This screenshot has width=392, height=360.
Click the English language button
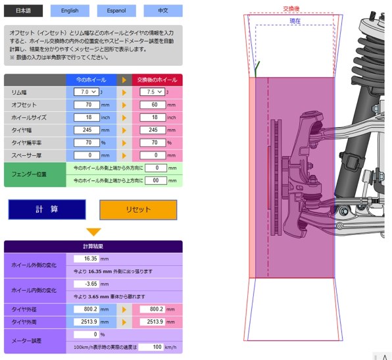coord(70,11)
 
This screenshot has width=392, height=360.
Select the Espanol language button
coord(116,11)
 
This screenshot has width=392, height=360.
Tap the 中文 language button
coord(163,11)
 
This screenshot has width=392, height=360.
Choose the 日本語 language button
coord(23,11)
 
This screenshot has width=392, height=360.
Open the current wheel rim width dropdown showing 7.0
coord(87,92)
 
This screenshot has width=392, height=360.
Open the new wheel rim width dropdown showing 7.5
coord(153,92)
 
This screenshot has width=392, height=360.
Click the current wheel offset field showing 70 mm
coord(87,105)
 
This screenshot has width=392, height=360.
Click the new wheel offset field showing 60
coord(153,105)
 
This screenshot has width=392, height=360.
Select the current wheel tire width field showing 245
coord(87,130)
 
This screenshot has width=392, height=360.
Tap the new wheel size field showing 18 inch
coord(153,117)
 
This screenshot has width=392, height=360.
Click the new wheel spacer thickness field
coord(153,155)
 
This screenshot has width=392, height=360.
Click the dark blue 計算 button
coord(47,209)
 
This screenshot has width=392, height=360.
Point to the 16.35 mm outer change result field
coord(86,259)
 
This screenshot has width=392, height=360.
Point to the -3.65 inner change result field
coord(86,284)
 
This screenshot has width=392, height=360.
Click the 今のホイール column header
coord(91,80)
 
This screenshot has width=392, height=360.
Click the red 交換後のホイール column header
coord(157,80)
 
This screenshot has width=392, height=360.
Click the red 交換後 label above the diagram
coord(291,9)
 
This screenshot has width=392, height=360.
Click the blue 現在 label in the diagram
coord(295,21)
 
